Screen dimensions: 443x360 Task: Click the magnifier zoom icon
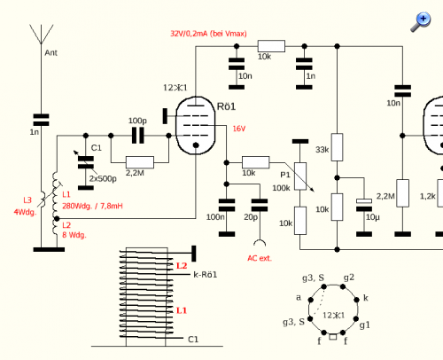tap(421, 21)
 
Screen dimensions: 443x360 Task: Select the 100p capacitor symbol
tap(138, 136)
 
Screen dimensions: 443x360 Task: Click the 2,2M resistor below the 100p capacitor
tap(140, 162)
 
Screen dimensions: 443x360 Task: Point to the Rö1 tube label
tap(226, 106)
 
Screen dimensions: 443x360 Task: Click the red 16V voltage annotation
tap(239, 129)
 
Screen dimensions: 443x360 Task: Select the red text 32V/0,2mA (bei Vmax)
tap(208, 34)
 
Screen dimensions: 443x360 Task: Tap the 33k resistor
tap(337, 147)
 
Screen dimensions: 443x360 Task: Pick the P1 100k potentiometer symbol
tap(300, 176)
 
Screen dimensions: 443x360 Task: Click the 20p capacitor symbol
tap(260, 205)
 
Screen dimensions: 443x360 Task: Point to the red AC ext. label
tap(260, 258)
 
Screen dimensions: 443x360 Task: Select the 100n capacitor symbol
tap(227, 205)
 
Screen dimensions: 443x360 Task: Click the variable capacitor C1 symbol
tap(86, 162)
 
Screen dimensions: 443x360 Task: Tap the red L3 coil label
tap(27, 200)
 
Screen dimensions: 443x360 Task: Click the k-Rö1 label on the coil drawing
tap(206, 275)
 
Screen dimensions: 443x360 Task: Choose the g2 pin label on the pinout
tap(349, 278)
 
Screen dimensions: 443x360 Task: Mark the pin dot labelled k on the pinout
tap(356, 300)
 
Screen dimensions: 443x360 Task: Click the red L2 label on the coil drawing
tap(182, 266)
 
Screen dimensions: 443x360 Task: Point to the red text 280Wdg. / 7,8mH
tap(92, 206)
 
